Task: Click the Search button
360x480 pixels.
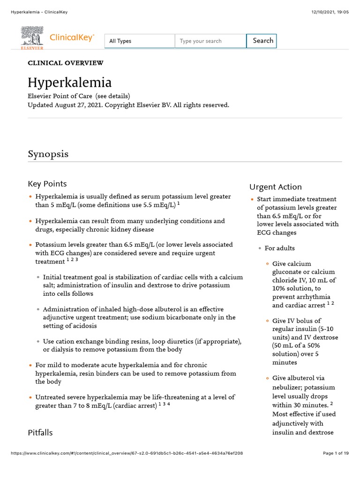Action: (x=262, y=41)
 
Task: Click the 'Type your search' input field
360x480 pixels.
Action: (x=210, y=41)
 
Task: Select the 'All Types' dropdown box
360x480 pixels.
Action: (x=139, y=41)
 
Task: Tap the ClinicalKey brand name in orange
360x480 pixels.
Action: (x=72, y=38)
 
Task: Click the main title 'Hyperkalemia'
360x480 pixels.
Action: (x=69, y=83)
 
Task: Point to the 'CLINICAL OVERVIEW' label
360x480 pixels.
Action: (x=66, y=63)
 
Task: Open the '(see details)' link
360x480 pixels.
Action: (x=113, y=96)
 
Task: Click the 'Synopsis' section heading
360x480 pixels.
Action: (x=48, y=154)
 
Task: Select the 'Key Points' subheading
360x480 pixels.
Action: (x=47, y=184)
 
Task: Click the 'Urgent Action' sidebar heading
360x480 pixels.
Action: (x=275, y=187)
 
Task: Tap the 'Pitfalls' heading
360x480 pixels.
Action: (x=40, y=433)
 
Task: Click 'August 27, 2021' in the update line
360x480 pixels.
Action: (x=76, y=105)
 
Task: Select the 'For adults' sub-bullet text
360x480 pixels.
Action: (x=279, y=248)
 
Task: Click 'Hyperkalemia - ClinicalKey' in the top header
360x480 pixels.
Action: (x=39, y=12)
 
